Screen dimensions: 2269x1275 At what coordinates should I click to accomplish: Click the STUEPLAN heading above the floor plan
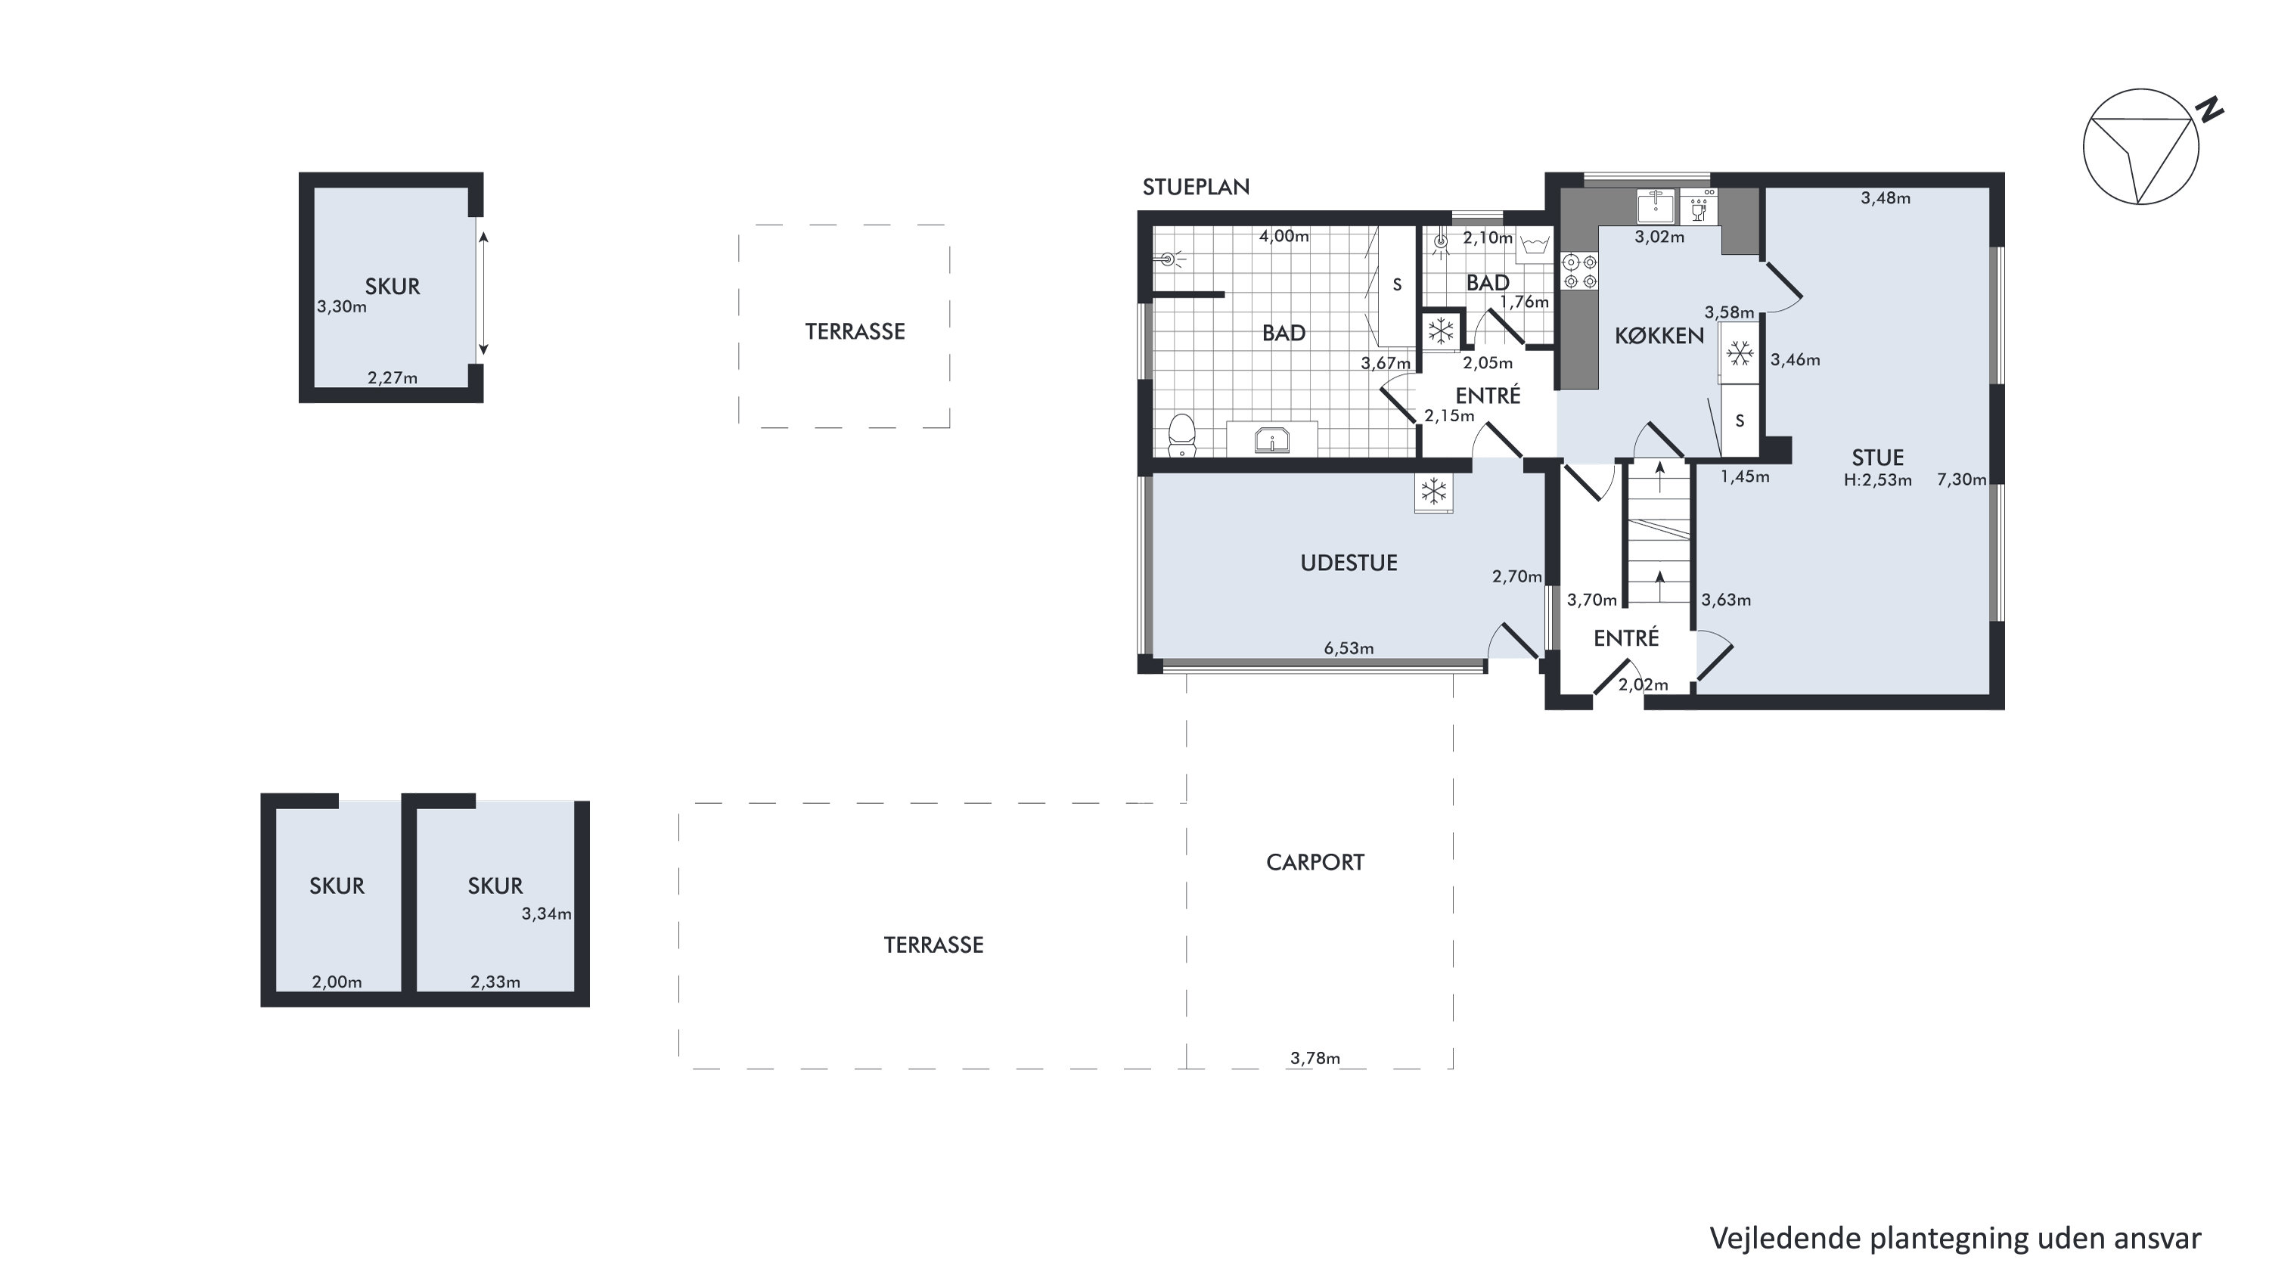(1195, 187)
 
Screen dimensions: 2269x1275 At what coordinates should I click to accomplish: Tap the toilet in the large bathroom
(1181, 436)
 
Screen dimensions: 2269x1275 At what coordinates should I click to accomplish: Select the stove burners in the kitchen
(1579, 271)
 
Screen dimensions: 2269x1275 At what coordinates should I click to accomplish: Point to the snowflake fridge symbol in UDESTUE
(1434, 492)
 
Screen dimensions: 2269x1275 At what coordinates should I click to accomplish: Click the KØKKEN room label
(1659, 336)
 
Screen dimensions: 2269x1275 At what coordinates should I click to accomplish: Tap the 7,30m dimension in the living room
(1962, 480)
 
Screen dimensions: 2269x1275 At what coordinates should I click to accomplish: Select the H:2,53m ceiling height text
(1878, 480)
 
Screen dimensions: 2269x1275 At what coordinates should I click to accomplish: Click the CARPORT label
(1315, 862)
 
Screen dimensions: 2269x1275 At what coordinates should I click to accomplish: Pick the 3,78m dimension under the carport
(1315, 1059)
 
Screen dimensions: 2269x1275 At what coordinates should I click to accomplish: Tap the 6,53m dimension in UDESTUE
(1349, 649)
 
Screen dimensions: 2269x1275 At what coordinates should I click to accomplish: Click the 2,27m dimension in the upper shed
(392, 379)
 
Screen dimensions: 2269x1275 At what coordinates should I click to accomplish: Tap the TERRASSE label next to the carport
(933, 945)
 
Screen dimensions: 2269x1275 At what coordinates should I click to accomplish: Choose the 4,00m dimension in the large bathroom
(1283, 236)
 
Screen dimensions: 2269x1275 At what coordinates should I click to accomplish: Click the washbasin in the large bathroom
(1272, 439)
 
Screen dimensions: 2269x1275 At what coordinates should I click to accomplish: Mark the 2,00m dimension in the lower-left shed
(337, 982)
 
